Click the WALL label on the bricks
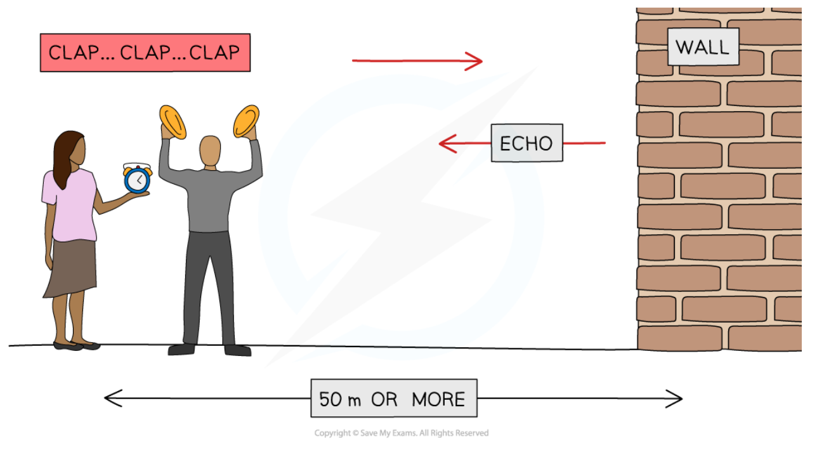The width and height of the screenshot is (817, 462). (703, 46)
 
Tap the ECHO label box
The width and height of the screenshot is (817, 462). (526, 143)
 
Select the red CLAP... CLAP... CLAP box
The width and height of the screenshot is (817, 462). (145, 52)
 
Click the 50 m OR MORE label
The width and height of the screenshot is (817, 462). (393, 399)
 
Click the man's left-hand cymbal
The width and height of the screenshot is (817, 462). (173, 122)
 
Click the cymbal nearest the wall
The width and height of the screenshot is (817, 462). (246, 121)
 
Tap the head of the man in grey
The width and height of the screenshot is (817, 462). (210, 151)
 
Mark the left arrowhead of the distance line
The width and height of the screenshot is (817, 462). (110, 399)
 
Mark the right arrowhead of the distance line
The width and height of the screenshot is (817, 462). (676, 399)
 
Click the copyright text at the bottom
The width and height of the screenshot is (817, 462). (402, 433)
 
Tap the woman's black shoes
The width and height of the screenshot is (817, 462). (76, 346)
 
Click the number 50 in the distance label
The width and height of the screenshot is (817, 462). (330, 399)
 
